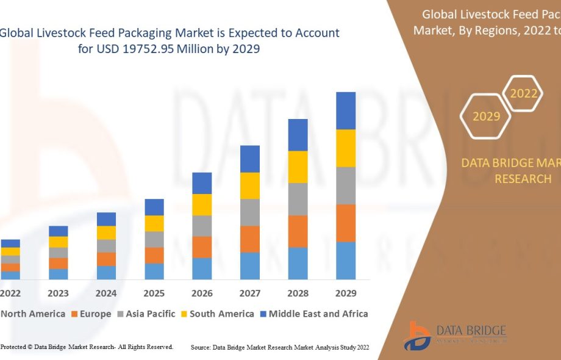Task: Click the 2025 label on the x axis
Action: (154, 293)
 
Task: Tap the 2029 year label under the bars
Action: (346, 293)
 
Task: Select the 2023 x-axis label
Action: (59, 293)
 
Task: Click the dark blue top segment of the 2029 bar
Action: (346, 110)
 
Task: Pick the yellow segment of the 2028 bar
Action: (298, 167)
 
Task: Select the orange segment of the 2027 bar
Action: (250, 239)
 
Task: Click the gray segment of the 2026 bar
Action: (202, 226)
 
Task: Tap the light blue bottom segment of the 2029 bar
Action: (346, 261)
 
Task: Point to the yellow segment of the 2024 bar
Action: (106, 232)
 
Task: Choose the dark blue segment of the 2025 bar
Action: (154, 207)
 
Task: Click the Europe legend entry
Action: (91, 314)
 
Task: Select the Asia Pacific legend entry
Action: (147, 314)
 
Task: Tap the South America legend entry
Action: (221, 314)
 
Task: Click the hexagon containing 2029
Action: (486, 116)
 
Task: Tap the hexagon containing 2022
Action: (523, 93)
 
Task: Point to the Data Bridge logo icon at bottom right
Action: (420, 336)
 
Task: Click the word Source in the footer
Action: (201, 347)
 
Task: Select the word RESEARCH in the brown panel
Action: (523, 179)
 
